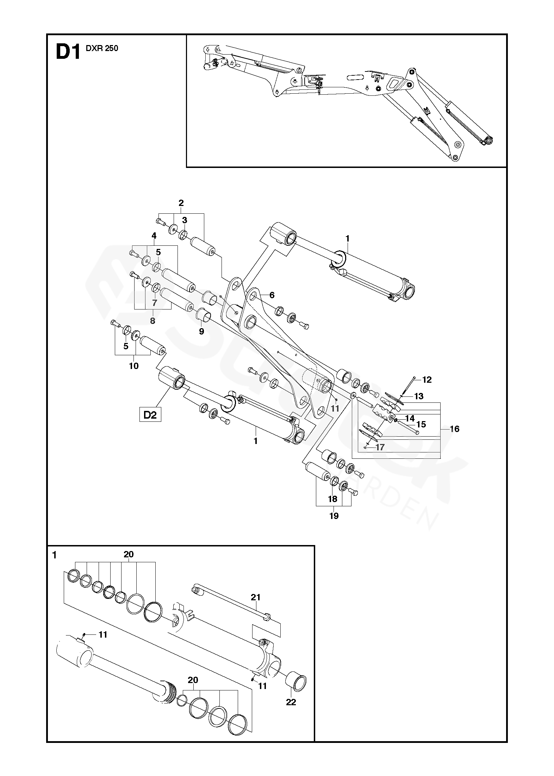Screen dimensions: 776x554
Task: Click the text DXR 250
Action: point(102,49)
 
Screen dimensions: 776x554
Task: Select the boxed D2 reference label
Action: point(150,415)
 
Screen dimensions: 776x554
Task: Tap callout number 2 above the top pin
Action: point(181,203)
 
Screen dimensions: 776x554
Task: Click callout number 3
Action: point(184,220)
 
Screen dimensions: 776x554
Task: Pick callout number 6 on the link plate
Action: point(272,295)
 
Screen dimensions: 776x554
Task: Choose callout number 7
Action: point(155,302)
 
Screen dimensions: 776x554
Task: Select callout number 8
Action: point(152,321)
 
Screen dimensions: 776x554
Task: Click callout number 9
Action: point(201,331)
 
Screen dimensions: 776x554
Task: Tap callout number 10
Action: point(134,366)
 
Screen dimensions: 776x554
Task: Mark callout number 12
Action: point(427,380)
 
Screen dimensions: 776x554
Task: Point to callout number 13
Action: point(418,396)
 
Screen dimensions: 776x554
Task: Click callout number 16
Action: point(454,429)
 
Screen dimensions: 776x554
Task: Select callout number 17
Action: point(380,447)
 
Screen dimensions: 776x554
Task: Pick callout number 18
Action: point(332,499)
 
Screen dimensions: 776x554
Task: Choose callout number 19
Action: point(334,516)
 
